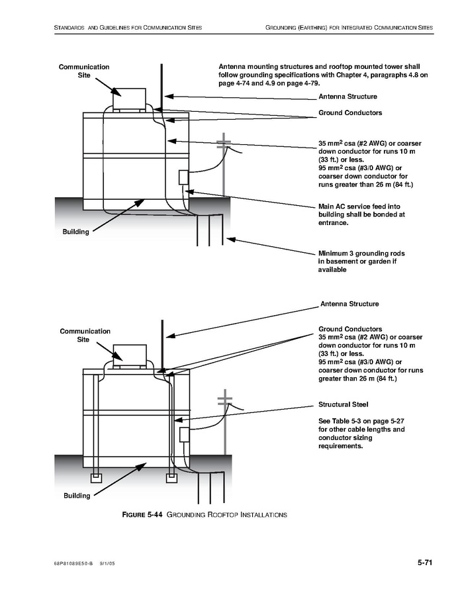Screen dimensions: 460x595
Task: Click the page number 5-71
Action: pos(425,563)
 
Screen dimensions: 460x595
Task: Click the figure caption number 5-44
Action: pos(155,514)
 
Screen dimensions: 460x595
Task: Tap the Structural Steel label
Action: pos(343,404)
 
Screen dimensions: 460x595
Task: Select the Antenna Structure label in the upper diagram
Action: pos(347,97)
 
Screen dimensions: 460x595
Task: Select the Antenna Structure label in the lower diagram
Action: pos(349,304)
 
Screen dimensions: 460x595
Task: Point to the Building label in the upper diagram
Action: pos(76,232)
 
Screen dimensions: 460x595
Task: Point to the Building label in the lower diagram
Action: pos(77,496)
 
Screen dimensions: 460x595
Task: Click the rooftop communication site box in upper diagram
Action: pos(129,99)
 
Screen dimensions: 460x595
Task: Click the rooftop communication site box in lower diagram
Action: pos(130,355)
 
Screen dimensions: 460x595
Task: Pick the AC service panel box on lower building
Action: pos(185,434)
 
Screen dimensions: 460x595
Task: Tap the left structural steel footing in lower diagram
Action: pos(97,478)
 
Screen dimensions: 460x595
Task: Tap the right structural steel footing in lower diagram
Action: pos(171,478)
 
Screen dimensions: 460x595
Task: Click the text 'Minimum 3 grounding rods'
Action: pos(361,253)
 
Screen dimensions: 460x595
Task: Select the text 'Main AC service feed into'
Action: pos(359,206)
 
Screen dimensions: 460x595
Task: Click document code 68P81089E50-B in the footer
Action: pos(73,563)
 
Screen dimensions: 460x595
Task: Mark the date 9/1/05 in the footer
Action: pos(107,563)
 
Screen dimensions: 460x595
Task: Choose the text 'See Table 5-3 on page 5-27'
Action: pos(361,421)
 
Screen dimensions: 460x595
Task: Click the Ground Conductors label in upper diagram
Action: pos(350,113)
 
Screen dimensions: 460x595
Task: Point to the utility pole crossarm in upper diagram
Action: pos(224,143)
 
